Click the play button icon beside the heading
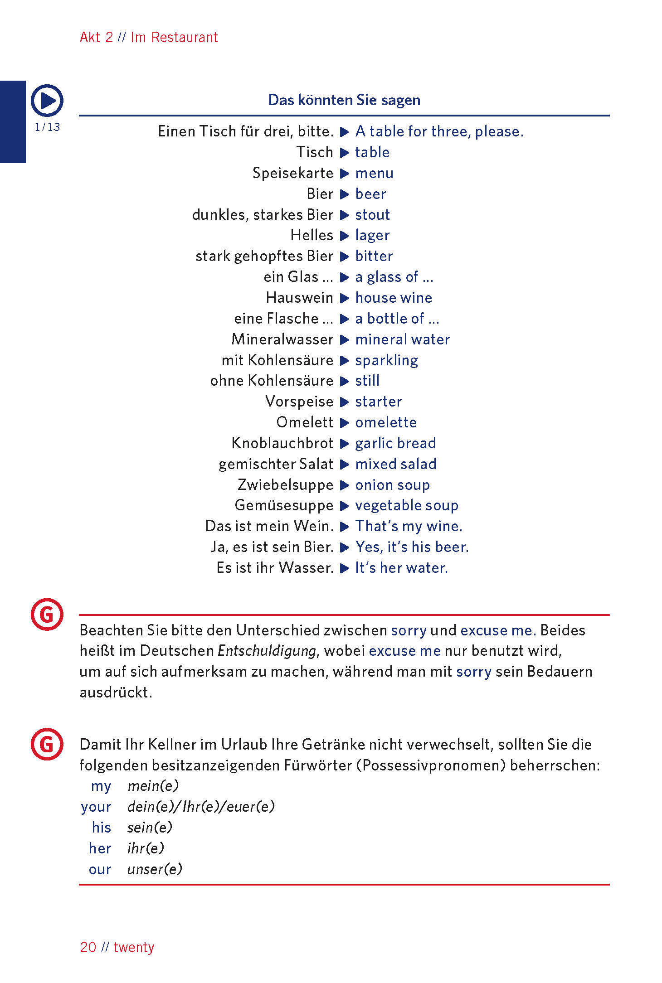(47, 100)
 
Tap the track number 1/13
(47, 127)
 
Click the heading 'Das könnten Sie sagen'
(344, 100)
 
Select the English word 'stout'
(372, 214)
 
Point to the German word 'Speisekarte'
(292, 173)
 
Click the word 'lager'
(372, 235)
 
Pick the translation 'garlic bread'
(395, 443)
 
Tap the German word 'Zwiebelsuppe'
(285, 484)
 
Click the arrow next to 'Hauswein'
(345, 298)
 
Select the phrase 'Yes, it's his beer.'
(412, 547)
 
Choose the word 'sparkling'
(386, 360)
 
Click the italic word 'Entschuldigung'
(267, 651)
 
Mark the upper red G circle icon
(47, 615)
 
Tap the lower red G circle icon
(47, 744)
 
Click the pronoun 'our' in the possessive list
(100, 869)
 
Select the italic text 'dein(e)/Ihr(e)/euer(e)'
(201, 807)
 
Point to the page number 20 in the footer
(88, 947)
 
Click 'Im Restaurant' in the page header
(174, 37)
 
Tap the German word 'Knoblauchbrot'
(282, 443)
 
